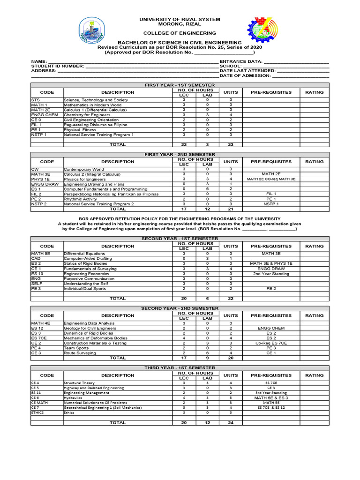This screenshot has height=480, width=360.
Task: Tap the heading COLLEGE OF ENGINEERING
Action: coord(180,33)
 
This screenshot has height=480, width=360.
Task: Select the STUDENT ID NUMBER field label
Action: coord(58,66)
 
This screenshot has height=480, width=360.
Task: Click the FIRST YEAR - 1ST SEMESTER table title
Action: coord(180,85)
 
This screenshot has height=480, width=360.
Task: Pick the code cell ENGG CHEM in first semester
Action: coord(45,115)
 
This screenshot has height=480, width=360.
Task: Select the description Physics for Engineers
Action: coord(85,179)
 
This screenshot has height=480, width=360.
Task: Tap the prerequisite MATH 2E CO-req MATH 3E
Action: coord(271,179)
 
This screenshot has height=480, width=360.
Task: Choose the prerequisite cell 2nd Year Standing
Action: coord(271,273)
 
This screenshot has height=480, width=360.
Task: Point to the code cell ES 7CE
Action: coord(39,338)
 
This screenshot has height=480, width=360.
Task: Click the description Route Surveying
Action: coord(78,353)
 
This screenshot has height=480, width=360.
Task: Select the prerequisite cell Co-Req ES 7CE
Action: coord(271,343)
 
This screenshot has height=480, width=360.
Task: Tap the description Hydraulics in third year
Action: coord(73,397)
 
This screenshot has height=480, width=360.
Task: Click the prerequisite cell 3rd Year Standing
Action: coord(271,393)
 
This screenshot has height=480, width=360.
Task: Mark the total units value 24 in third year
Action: coord(231,422)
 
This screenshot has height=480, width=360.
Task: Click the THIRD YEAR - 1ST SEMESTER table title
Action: coord(180,368)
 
